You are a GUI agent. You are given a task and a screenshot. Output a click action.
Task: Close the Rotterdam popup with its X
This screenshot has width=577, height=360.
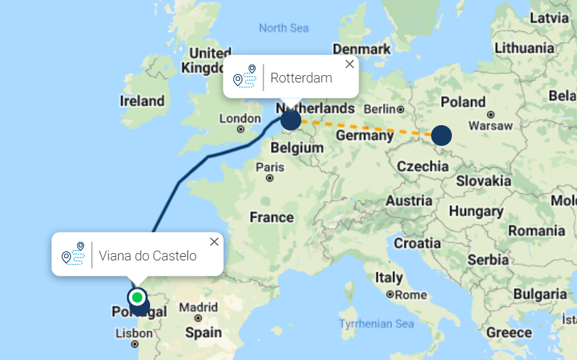pyautogui.click(x=349, y=64)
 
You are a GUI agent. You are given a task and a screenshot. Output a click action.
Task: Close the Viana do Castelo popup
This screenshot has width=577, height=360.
pyautogui.click(x=214, y=241)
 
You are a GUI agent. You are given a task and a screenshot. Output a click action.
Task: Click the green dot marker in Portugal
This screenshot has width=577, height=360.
pyautogui.click(x=138, y=297)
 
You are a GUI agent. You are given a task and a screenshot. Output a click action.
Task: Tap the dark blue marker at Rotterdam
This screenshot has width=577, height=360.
pyautogui.click(x=291, y=120)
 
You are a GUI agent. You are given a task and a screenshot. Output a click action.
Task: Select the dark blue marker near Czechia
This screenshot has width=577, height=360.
pyautogui.click(x=441, y=135)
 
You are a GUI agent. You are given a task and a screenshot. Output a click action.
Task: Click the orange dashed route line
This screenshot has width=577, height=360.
pyautogui.click(x=368, y=128)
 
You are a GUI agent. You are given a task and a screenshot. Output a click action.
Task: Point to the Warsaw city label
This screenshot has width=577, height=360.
pyautogui.click(x=490, y=126)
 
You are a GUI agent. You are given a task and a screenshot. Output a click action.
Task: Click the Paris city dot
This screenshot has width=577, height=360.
pyautogui.click(x=270, y=178)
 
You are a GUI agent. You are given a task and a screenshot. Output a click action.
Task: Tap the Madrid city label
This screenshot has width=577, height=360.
pyautogui.click(x=198, y=308)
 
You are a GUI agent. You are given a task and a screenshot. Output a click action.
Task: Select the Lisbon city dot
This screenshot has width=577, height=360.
pyautogui.click(x=135, y=344)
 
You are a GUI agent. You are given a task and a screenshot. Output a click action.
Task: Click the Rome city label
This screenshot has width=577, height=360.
pyautogui.click(x=411, y=295)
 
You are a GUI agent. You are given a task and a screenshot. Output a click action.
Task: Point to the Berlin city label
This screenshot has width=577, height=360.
pyautogui.click(x=380, y=109)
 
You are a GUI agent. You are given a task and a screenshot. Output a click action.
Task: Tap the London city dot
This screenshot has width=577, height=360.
pyautogui.click(x=240, y=129)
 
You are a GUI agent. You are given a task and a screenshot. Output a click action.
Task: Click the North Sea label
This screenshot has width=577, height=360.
pyautogui.click(x=283, y=28)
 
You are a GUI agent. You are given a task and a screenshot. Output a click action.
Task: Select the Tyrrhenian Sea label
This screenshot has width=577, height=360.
pyautogui.click(x=376, y=324)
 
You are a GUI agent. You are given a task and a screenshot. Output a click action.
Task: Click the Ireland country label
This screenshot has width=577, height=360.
pyautogui.click(x=142, y=101)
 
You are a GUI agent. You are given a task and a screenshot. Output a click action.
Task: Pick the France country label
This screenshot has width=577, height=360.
pyautogui.click(x=272, y=218)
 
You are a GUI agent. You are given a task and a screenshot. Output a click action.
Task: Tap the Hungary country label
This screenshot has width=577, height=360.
pyautogui.click(x=476, y=211)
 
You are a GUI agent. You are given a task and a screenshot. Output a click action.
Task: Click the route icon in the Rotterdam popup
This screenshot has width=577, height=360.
pyautogui.click(x=244, y=77)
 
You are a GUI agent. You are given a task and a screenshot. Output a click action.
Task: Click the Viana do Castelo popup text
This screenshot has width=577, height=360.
pyautogui.click(x=148, y=256)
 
